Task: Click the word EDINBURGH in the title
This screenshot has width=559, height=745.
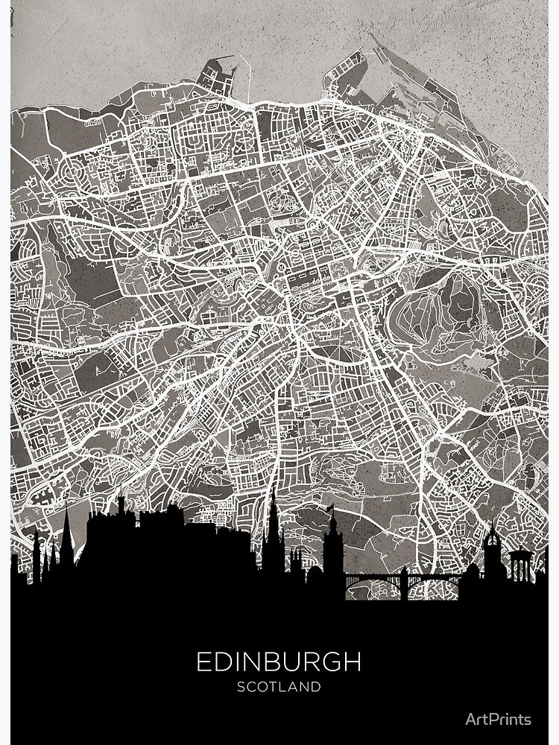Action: [279, 662]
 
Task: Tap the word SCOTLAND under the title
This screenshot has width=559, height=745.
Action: [279, 687]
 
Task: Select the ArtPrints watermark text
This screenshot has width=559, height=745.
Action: [498, 719]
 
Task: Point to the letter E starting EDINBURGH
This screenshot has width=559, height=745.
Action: [203, 662]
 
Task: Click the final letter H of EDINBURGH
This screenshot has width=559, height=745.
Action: [353, 662]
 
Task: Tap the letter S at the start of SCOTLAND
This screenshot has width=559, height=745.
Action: [241, 687]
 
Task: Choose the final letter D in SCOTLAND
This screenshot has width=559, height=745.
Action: [317, 687]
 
